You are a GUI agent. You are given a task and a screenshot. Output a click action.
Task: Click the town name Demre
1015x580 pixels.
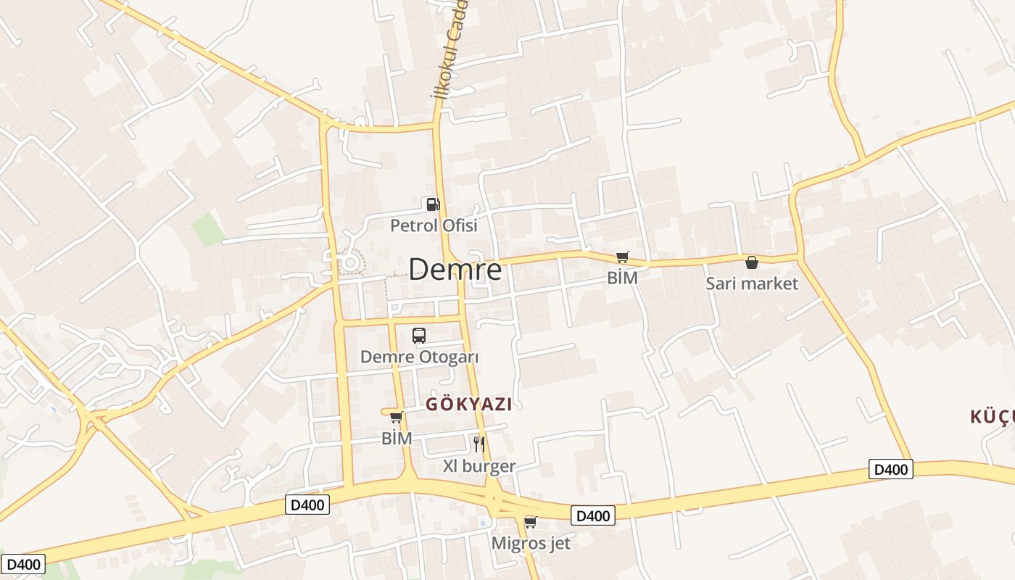click(455, 270)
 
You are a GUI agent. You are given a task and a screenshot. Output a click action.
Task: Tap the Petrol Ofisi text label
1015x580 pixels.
click(434, 225)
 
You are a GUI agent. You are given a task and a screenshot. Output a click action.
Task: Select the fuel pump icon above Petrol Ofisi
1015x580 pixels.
click(433, 205)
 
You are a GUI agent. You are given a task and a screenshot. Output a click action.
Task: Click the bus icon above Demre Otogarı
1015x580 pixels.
click(419, 335)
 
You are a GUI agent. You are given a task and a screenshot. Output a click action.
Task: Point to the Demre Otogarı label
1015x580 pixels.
click(419, 357)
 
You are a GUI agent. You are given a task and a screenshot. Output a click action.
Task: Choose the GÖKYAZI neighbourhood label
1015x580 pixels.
click(468, 405)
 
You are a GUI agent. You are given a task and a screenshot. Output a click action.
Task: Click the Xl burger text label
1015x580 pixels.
click(479, 466)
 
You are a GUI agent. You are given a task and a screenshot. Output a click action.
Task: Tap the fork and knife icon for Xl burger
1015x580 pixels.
click(478, 444)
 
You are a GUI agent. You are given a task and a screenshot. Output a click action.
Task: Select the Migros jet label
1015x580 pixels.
click(531, 543)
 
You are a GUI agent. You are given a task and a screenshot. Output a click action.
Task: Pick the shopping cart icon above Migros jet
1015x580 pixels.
click(531, 522)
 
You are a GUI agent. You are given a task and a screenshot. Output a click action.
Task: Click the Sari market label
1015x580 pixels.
click(752, 283)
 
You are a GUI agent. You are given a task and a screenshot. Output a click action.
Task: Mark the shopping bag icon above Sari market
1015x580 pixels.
click(752, 262)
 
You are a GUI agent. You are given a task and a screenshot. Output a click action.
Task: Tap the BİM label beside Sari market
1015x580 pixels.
click(622, 278)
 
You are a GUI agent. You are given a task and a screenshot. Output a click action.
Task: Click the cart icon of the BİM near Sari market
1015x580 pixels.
click(622, 257)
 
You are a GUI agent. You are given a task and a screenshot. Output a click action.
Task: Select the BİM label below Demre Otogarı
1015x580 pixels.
click(397, 439)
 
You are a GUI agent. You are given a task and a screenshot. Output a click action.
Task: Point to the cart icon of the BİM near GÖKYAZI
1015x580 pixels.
click(397, 417)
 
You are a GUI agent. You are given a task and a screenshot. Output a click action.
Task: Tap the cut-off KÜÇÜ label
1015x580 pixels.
click(992, 417)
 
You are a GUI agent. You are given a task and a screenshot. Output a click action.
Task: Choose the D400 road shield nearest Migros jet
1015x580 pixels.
click(593, 515)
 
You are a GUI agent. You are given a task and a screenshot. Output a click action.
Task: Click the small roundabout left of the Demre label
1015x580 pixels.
click(350, 262)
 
